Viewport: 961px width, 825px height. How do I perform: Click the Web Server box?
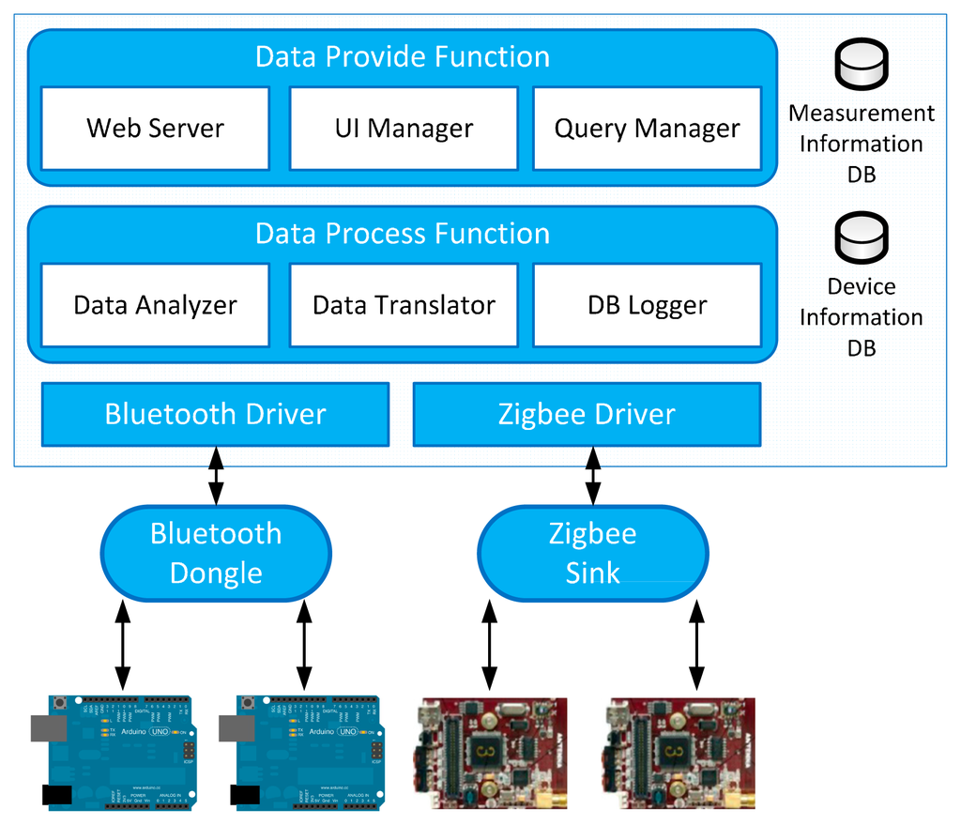click(155, 129)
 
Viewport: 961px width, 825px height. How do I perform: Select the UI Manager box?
click(404, 129)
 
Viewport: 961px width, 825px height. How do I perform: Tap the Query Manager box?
click(647, 129)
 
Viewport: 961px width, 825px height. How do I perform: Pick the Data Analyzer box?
click(155, 305)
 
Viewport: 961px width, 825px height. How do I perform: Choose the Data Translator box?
click(404, 305)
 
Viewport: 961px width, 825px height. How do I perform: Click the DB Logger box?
click(647, 305)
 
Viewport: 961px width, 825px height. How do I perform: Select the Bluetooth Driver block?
click(215, 414)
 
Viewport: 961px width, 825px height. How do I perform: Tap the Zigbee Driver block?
click(587, 414)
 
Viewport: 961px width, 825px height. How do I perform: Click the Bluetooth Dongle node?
click(216, 553)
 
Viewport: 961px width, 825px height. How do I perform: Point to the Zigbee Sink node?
click(593, 553)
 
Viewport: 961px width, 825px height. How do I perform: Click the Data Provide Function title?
click(403, 56)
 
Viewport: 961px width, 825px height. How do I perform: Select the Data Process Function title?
click(403, 233)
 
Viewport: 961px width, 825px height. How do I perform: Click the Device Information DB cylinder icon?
click(862, 238)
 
